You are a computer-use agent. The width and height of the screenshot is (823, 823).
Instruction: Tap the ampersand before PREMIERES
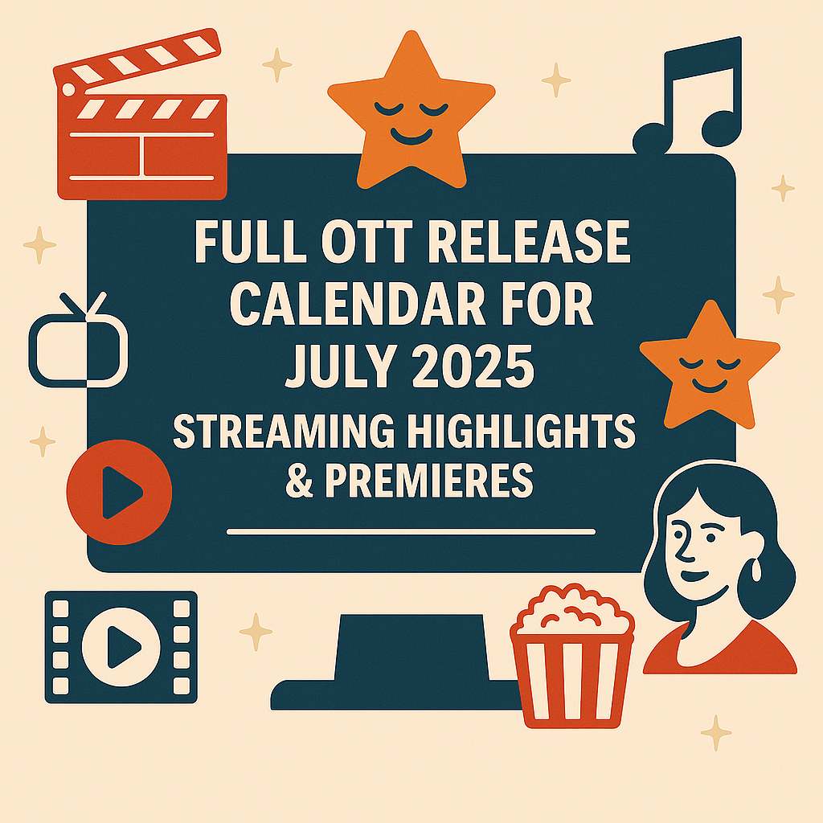pyautogui.click(x=300, y=480)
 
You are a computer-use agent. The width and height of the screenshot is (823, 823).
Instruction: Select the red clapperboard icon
pyautogui.click(x=141, y=114)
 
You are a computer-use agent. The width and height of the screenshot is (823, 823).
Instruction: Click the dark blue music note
pyautogui.click(x=689, y=96)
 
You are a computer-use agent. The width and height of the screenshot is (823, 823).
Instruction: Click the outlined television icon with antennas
pyautogui.click(x=79, y=341)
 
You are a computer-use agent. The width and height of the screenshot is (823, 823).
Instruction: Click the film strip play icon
pyautogui.click(x=121, y=647)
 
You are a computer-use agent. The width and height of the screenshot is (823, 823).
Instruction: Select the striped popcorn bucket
pyautogui.click(x=572, y=656)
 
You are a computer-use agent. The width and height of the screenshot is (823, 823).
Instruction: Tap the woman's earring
pyautogui.click(x=756, y=571)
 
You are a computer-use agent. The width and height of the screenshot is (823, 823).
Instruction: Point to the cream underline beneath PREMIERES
pyautogui.click(x=411, y=532)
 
